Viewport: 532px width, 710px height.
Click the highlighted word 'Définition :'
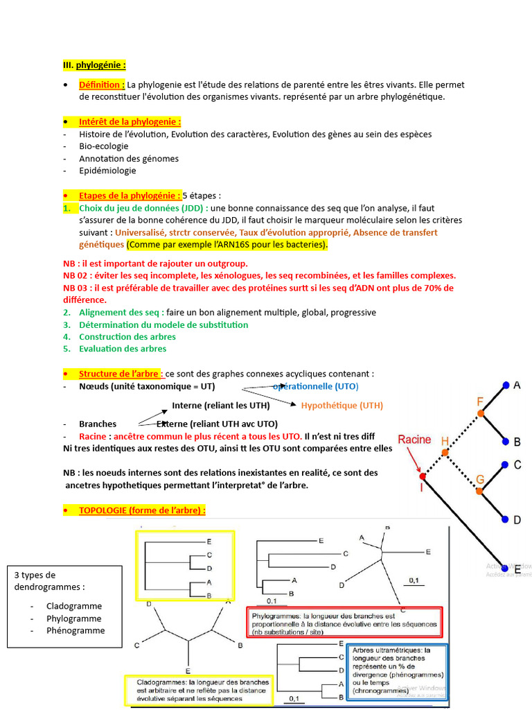(x=102, y=85)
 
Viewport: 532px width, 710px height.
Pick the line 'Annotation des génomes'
(x=129, y=158)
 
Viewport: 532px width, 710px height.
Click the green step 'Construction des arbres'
(x=127, y=336)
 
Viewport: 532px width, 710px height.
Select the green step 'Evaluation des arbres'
(x=123, y=349)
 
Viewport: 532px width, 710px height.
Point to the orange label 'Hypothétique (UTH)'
(x=342, y=406)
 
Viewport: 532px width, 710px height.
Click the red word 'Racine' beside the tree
(x=414, y=439)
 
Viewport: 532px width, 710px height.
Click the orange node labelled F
(x=480, y=413)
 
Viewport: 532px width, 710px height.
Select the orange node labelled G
(x=479, y=491)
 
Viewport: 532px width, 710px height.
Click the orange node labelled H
(x=445, y=453)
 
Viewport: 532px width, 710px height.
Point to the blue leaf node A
(x=506, y=385)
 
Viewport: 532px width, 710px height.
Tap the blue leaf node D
(x=506, y=519)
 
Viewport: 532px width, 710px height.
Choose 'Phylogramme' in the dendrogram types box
(x=74, y=618)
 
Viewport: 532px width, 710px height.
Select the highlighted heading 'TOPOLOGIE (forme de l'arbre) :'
(x=142, y=511)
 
